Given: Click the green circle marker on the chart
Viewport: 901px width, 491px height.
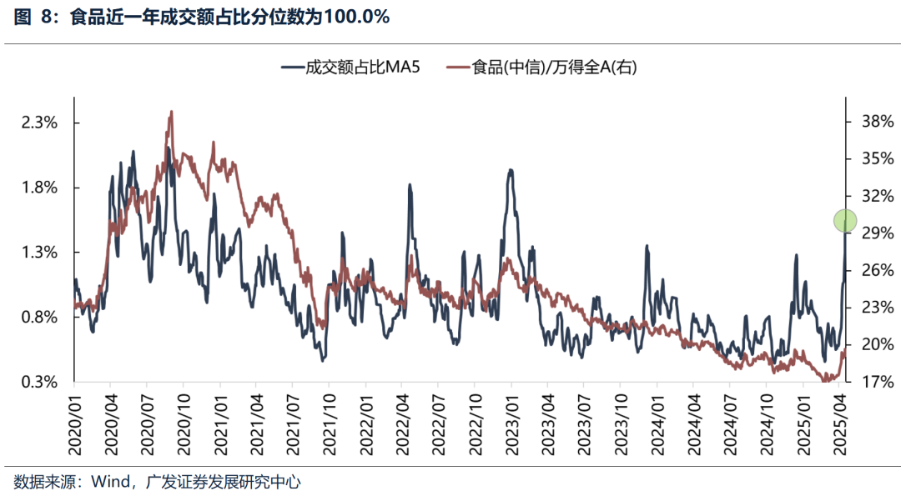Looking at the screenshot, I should [845, 220].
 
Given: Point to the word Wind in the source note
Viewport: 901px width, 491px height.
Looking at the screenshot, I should [108, 481].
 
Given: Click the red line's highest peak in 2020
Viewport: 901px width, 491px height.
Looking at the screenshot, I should [171, 111].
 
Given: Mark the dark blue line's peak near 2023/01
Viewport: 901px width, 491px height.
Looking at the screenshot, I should [511, 170].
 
